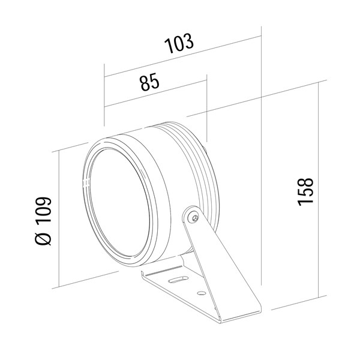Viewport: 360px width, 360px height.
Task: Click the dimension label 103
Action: coord(179,43)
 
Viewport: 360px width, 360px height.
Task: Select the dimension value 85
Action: coord(149,82)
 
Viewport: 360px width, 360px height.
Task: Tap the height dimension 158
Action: coord(305,191)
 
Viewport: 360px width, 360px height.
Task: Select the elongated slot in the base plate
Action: coord(178,280)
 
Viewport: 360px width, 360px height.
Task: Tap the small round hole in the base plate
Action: coord(202,293)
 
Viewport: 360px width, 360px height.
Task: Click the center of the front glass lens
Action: coord(120,203)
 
